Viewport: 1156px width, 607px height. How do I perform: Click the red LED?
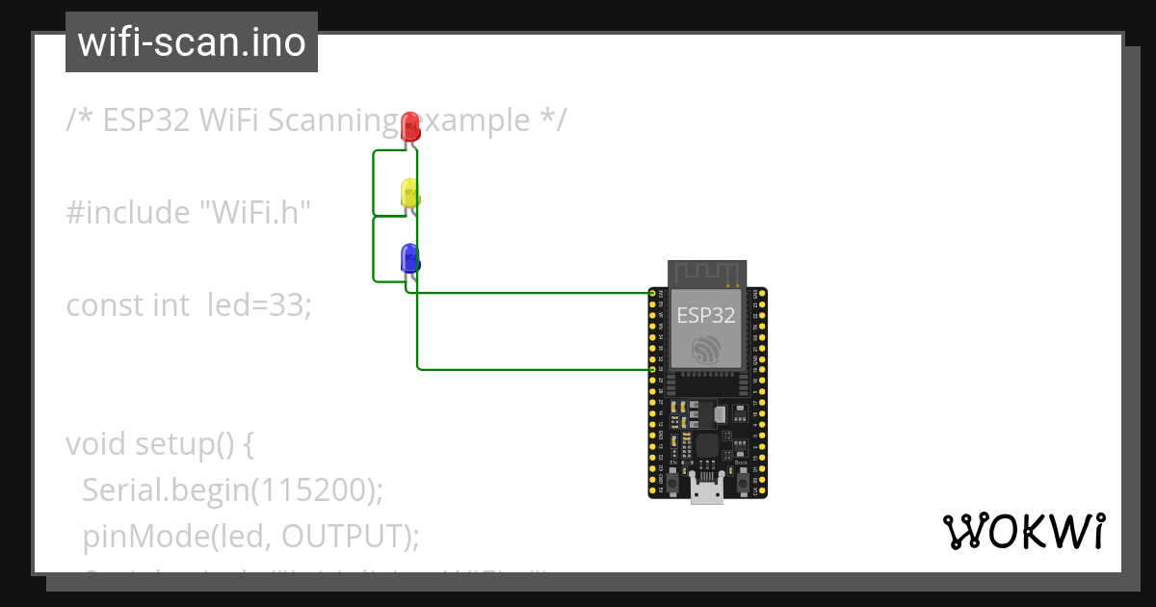pyautogui.click(x=410, y=126)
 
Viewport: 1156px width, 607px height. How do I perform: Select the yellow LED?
pyautogui.click(x=409, y=192)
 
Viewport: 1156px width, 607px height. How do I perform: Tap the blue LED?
pyautogui.click(x=409, y=258)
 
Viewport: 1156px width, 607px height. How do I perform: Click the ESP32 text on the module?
pyautogui.click(x=705, y=315)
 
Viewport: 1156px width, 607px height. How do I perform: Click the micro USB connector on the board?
pyautogui.click(x=707, y=491)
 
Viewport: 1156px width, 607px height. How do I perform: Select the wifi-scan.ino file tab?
pyautogui.click(x=192, y=42)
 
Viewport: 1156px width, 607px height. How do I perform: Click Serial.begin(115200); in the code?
pyautogui.click(x=232, y=489)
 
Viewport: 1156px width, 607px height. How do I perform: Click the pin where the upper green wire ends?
pyautogui.click(x=652, y=293)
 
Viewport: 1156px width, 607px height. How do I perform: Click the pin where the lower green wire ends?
pyautogui.click(x=652, y=369)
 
